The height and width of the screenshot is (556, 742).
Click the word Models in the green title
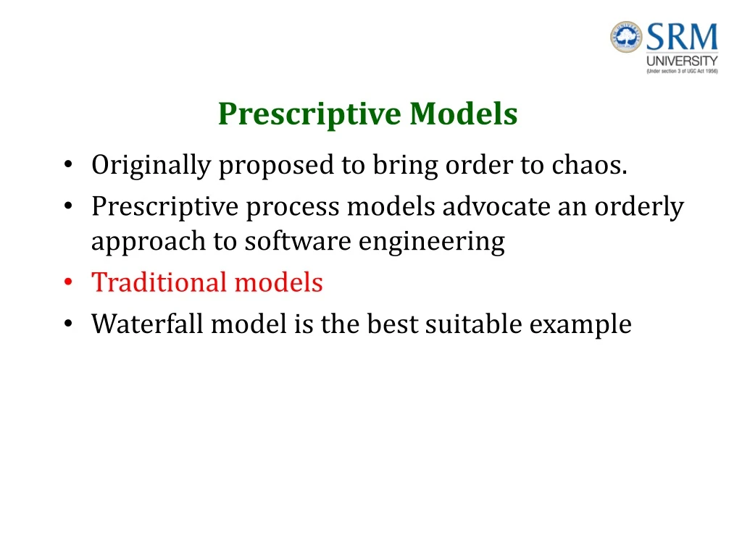(463, 114)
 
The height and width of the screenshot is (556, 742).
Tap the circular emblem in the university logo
(626, 38)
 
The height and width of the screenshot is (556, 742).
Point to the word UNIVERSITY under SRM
(682, 62)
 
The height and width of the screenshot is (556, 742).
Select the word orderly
(639, 207)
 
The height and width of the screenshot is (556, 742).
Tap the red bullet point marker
(67, 282)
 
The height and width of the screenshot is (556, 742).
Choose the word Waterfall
(148, 324)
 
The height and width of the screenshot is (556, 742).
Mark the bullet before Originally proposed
(67, 167)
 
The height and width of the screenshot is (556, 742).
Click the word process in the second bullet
(293, 208)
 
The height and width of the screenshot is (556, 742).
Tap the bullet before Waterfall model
(67, 324)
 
